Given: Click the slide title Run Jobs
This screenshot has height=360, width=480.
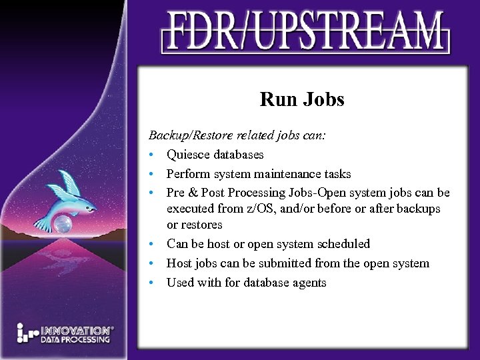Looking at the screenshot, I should coord(302,100).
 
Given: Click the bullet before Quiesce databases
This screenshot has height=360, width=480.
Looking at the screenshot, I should coord(153,155).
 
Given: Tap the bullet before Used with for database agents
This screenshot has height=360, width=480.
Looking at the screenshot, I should coord(153,283).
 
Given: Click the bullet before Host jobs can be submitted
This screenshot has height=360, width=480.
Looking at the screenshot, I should coord(153,263).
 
